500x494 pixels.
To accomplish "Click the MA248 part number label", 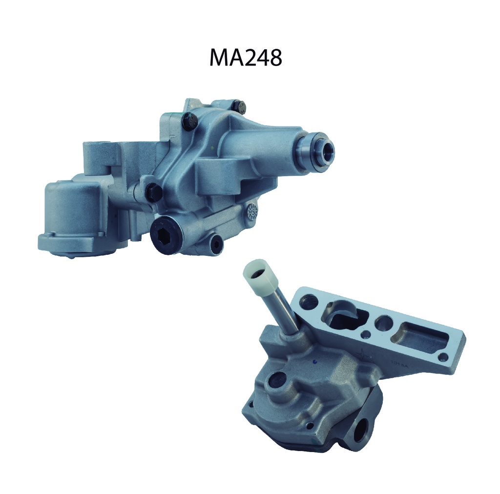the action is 246,58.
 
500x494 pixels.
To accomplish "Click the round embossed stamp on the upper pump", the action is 253,211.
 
